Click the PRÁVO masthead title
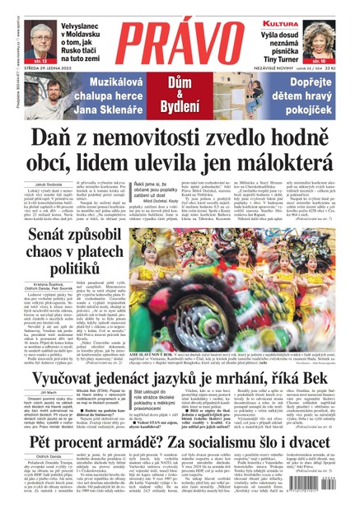click(x=180, y=37)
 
